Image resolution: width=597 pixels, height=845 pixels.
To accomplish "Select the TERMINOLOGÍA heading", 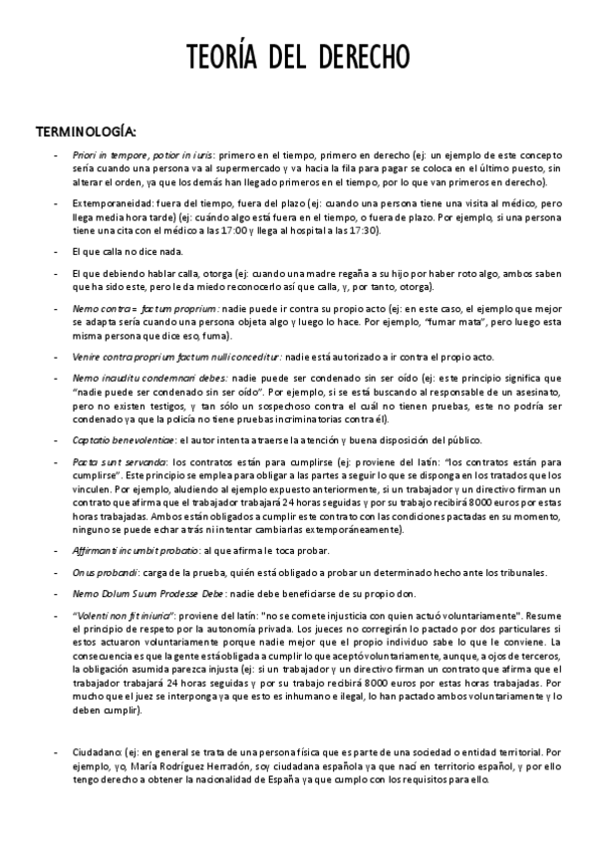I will point(87,132).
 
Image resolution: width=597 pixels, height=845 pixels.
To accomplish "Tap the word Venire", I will point(87,356).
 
